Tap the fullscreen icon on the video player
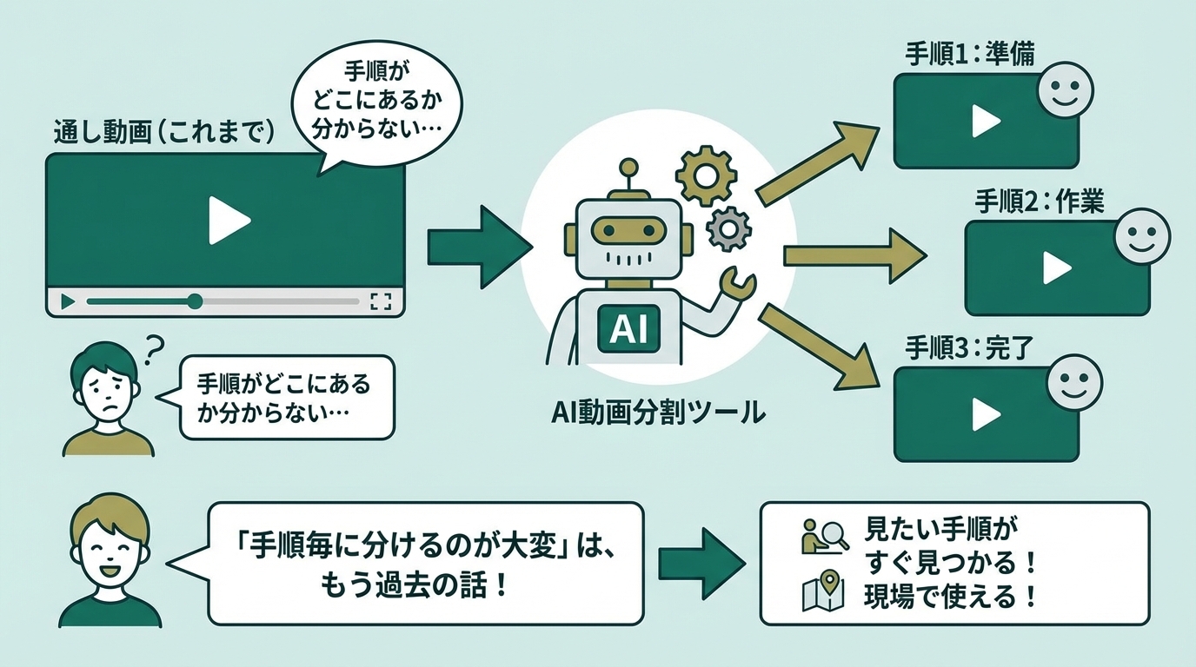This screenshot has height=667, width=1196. (381, 301)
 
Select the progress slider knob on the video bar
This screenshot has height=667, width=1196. (195, 301)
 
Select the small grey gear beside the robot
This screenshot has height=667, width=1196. (728, 228)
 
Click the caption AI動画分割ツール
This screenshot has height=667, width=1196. (658, 412)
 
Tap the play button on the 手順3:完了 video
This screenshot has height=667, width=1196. (985, 414)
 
